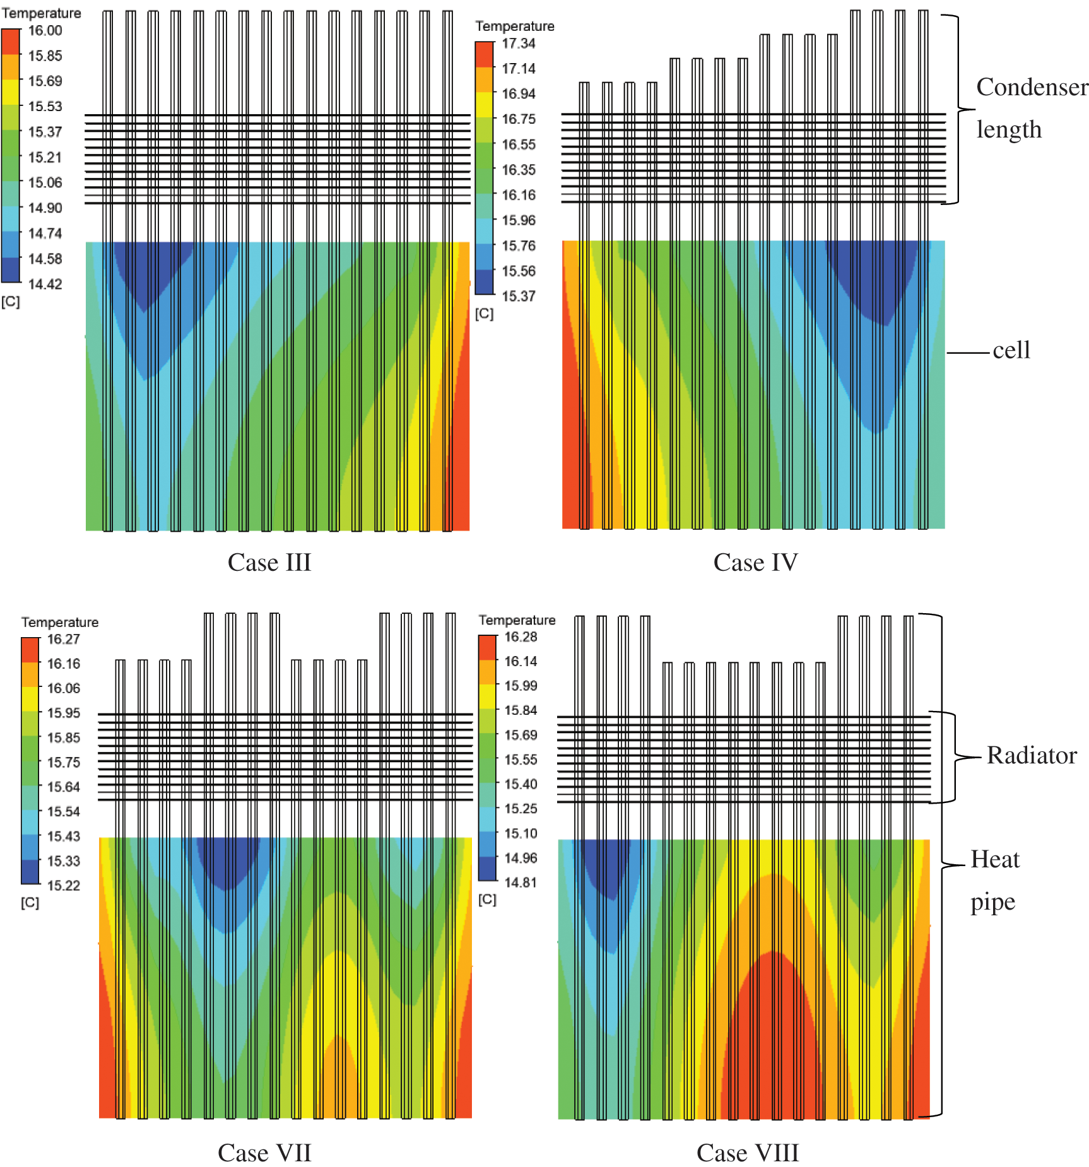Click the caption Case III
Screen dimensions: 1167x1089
pyautogui.click(x=269, y=562)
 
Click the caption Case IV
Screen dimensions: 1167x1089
pyautogui.click(x=755, y=562)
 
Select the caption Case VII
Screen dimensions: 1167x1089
pyautogui.click(x=264, y=1152)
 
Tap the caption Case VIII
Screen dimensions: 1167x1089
pyautogui.click(x=748, y=1152)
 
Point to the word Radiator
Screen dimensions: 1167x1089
pyautogui.click(x=1032, y=755)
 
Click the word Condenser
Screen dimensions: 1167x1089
pyautogui.click(x=1032, y=87)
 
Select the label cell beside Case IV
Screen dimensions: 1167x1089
pyautogui.click(x=1011, y=350)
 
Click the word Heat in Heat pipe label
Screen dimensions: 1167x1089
pyautogui.click(x=995, y=859)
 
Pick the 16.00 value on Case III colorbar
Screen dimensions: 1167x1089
pyautogui.click(x=45, y=30)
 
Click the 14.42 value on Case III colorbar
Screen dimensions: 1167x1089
pyautogui.click(x=45, y=284)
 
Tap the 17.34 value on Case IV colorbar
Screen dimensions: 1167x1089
pyautogui.click(x=519, y=44)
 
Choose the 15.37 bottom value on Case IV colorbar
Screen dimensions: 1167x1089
pyautogui.click(x=519, y=296)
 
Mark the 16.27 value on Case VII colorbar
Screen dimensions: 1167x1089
pyautogui.click(x=64, y=639)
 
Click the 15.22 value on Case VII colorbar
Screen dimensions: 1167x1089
pyautogui.click(x=64, y=885)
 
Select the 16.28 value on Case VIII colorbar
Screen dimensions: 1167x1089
pyautogui.click(x=521, y=636)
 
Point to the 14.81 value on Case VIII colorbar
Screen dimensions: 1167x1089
pyautogui.click(x=521, y=882)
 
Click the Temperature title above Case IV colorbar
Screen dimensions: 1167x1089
pyautogui.click(x=515, y=26)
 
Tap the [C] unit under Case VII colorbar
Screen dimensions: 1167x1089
pyautogui.click(x=30, y=903)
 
